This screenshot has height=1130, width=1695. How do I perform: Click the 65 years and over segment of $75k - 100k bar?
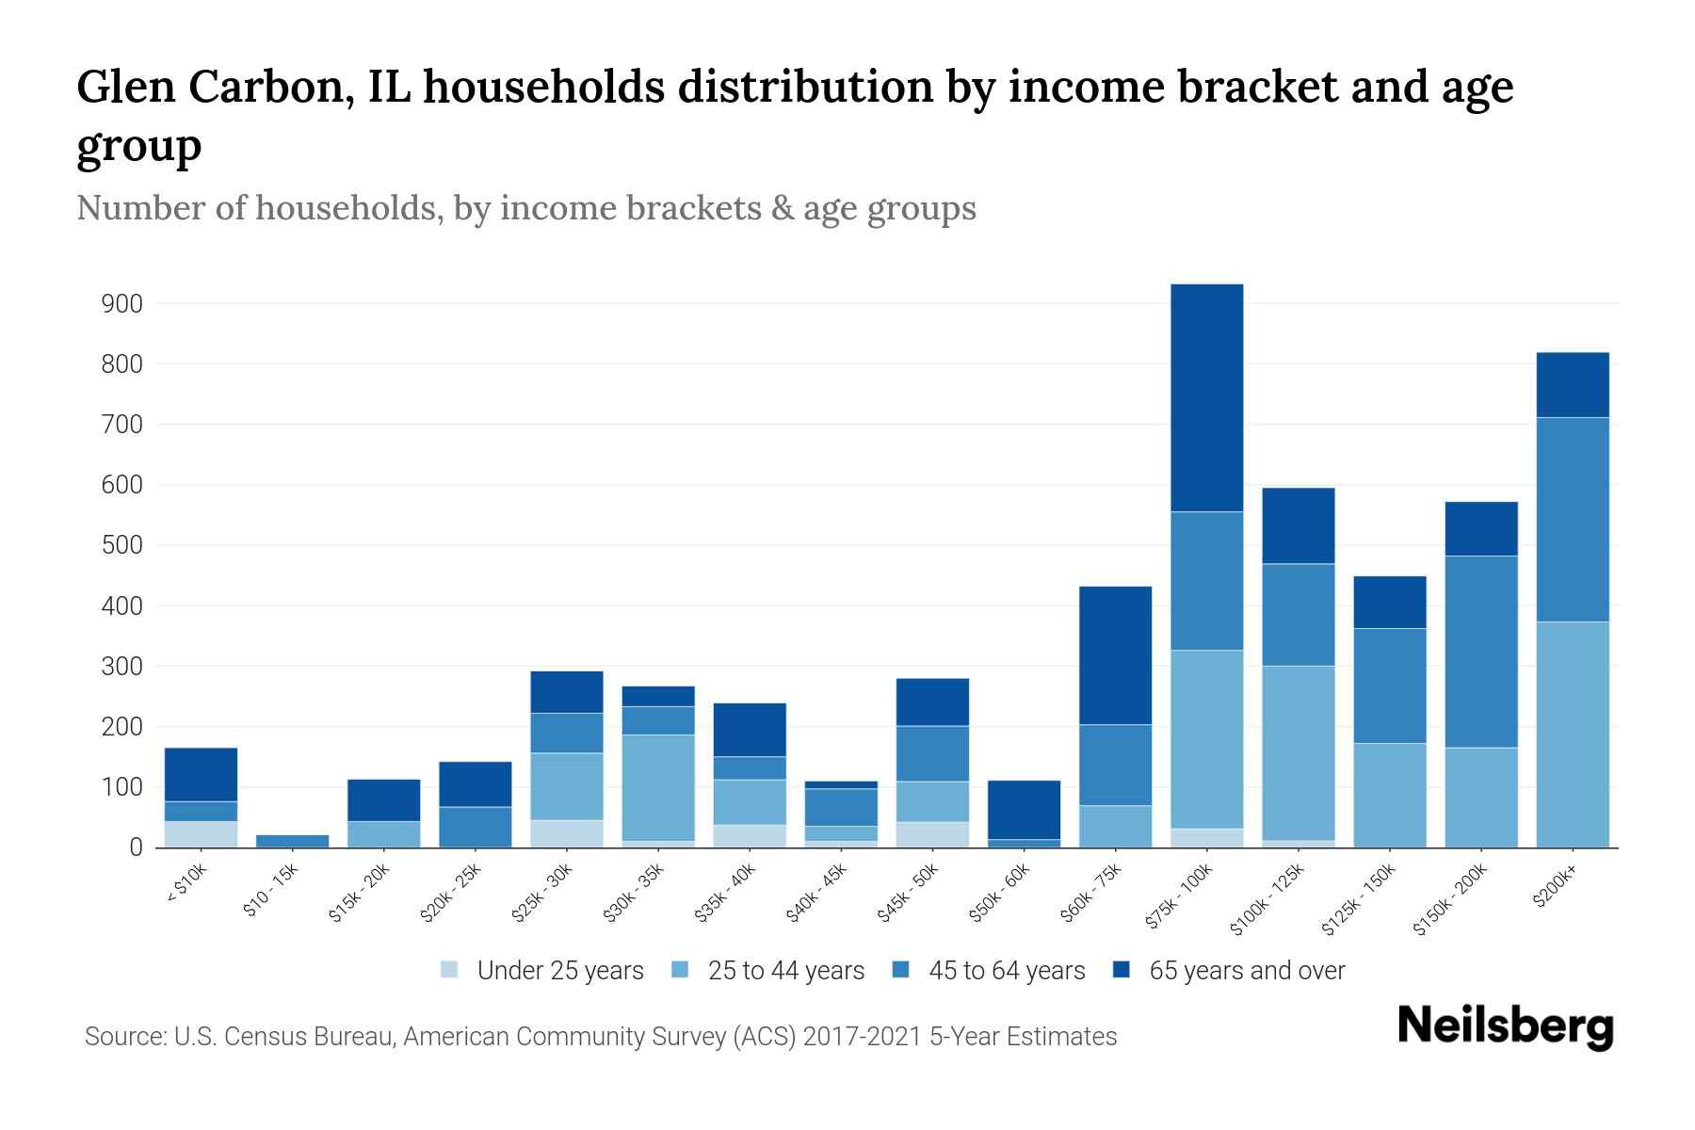pyautogui.click(x=1206, y=397)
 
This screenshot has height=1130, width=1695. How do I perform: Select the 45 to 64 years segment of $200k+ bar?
pyautogui.click(x=1572, y=519)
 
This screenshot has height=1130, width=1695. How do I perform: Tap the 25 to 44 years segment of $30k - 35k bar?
pyautogui.click(x=658, y=787)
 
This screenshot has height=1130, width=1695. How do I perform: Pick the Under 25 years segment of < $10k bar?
pyautogui.click(x=201, y=834)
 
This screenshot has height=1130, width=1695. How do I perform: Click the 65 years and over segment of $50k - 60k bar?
pyautogui.click(x=1024, y=810)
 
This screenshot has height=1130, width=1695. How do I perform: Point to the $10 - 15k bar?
pyautogui.click(x=292, y=841)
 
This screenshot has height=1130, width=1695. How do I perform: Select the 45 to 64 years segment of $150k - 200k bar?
pyautogui.click(x=1480, y=652)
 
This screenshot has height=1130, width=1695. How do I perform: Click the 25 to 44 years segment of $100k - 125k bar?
pyautogui.click(x=1298, y=752)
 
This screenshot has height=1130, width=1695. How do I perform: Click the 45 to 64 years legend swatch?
pyautogui.click(x=901, y=970)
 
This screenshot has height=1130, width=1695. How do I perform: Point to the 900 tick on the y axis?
pyautogui.click(x=122, y=304)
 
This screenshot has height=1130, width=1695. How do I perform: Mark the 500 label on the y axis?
pyautogui.click(x=122, y=545)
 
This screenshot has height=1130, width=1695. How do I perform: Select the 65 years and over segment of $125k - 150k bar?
pyautogui.click(x=1389, y=602)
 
